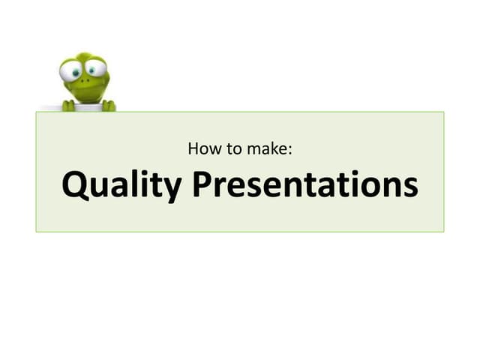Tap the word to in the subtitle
click(x=230, y=148)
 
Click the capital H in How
click(x=193, y=148)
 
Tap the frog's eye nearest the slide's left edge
click(x=72, y=72)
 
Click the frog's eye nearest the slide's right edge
click(x=94, y=70)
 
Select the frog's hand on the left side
click(x=68, y=106)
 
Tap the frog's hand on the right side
click(x=108, y=106)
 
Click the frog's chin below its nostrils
click(x=87, y=95)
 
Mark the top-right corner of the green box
click(x=443, y=112)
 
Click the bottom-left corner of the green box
click(x=36, y=231)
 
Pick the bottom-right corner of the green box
click(x=443, y=231)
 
